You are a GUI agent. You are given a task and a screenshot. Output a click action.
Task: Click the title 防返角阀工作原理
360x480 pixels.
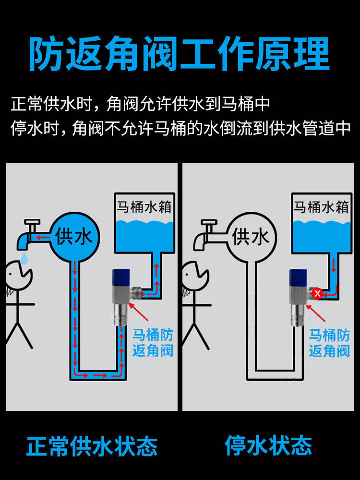point(180,54)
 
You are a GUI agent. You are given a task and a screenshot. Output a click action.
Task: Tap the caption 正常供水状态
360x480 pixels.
point(92,446)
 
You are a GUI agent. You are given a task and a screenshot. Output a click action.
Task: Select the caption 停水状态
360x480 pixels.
point(268,446)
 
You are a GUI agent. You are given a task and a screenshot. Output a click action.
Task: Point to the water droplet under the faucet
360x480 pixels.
point(24,259)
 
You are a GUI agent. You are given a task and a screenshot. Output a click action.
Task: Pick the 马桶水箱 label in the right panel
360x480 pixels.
point(321,207)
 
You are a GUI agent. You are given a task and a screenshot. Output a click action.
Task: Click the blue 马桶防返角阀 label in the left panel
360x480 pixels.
point(153,342)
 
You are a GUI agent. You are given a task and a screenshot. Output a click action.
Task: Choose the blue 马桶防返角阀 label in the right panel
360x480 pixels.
point(329,342)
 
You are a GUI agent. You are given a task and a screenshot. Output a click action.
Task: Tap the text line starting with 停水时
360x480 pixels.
point(180,128)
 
